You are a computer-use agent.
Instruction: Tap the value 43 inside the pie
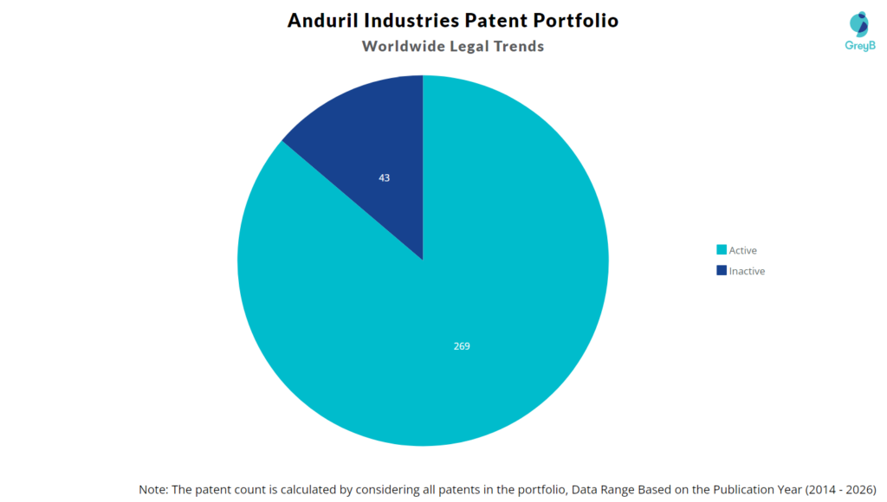click(x=385, y=177)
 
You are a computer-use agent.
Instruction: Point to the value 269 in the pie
click(x=462, y=346)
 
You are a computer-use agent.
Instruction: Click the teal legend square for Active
click(x=722, y=250)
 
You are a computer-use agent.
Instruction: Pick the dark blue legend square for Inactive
click(x=722, y=271)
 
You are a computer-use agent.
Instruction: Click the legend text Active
click(x=743, y=250)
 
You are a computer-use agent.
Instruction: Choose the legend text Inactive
click(x=747, y=271)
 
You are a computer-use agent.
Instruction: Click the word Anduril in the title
click(x=322, y=20)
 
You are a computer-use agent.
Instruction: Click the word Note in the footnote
click(x=153, y=489)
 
